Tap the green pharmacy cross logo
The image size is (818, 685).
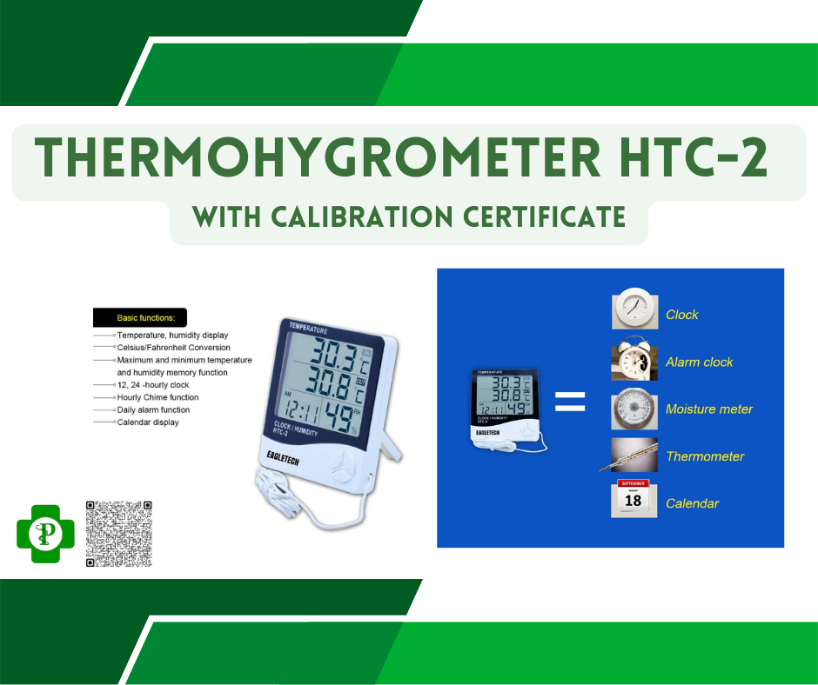[40, 533]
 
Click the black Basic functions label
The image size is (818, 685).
[141, 318]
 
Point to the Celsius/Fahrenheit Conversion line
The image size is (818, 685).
[174, 348]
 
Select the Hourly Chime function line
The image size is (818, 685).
[158, 397]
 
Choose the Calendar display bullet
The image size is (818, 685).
[148, 422]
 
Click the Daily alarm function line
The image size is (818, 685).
[154, 409]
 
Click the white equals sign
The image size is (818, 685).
[569, 402]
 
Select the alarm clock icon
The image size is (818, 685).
[632, 361]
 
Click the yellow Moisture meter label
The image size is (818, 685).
[709, 409]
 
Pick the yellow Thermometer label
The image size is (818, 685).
[705, 456]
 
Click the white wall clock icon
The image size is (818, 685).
[633, 310]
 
